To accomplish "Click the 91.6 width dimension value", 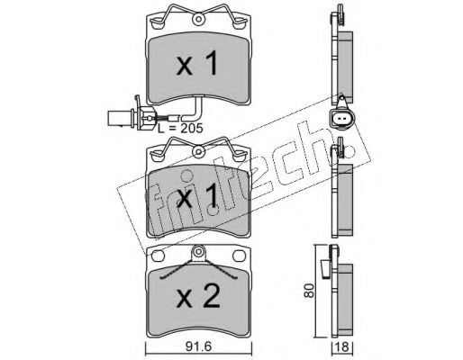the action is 198,346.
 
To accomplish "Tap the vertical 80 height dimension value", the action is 309,290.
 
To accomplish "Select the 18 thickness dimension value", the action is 342,346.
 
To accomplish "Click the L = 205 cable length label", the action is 181,128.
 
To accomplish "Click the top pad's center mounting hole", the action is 198,19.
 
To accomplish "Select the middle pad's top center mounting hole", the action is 198,152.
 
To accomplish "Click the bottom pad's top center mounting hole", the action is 198,251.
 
